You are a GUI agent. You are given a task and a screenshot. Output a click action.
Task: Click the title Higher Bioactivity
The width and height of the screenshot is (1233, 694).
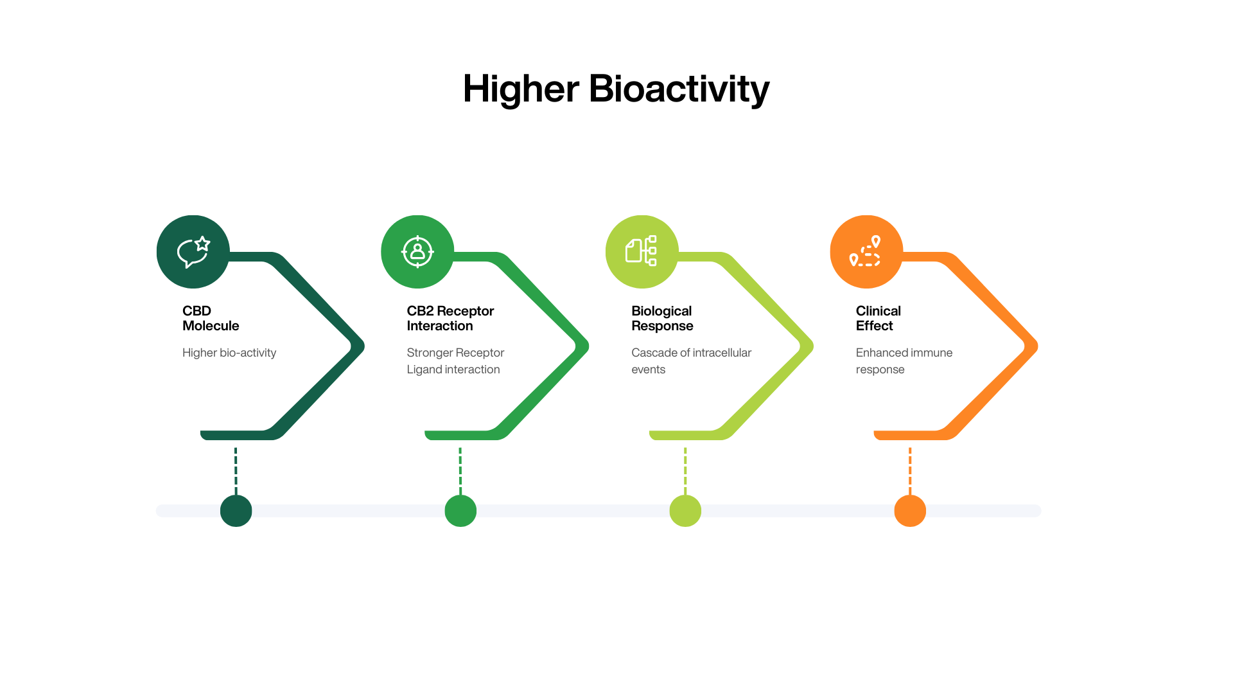click(x=616, y=89)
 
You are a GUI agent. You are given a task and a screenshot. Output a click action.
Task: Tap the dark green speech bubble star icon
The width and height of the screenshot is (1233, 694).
click(x=193, y=252)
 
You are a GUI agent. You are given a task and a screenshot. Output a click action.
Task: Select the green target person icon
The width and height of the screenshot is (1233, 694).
click(x=417, y=252)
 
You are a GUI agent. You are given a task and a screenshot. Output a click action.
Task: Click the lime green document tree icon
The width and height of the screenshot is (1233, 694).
click(x=642, y=252)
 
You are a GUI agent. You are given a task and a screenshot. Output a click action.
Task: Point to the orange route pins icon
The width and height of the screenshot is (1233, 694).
click(x=866, y=252)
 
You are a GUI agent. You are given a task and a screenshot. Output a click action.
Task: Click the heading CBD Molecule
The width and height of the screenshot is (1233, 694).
click(x=211, y=318)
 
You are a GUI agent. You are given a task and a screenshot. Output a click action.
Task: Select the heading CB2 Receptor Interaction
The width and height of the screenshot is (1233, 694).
click(x=450, y=318)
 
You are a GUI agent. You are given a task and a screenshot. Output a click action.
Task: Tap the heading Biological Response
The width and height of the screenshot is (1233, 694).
click(x=662, y=318)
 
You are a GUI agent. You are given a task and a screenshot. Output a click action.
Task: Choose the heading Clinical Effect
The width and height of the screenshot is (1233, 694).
click(x=878, y=318)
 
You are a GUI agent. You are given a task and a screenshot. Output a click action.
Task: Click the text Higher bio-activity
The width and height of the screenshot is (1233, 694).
click(x=229, y=353)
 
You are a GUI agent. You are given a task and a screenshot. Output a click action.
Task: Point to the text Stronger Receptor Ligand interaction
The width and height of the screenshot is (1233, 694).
click(x=455, y=361)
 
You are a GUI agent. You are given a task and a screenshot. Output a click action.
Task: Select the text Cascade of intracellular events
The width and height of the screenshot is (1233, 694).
click(x=691, y=361)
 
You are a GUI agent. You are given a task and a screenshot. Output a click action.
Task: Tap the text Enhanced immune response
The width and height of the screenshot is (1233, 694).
click(x=904, y=361)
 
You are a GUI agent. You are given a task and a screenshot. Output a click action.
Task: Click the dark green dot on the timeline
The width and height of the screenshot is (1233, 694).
click(x=236, y=511)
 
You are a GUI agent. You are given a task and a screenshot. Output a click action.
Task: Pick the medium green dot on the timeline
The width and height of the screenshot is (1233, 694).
click(x=460, y=511)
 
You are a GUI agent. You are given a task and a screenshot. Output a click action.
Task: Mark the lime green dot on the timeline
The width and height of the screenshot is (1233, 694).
click(x=685, y=511)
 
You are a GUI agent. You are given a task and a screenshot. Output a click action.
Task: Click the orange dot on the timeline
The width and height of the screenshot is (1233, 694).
click(x=910, y=511)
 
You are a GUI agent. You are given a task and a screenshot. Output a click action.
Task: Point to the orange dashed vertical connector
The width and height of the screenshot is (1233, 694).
click(x=910, y=470)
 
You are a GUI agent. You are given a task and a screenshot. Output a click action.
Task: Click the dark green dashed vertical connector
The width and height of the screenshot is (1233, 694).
click(x=236, y=470)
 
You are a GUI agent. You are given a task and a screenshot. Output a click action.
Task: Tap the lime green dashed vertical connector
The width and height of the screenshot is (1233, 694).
click(x=685, y=470)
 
